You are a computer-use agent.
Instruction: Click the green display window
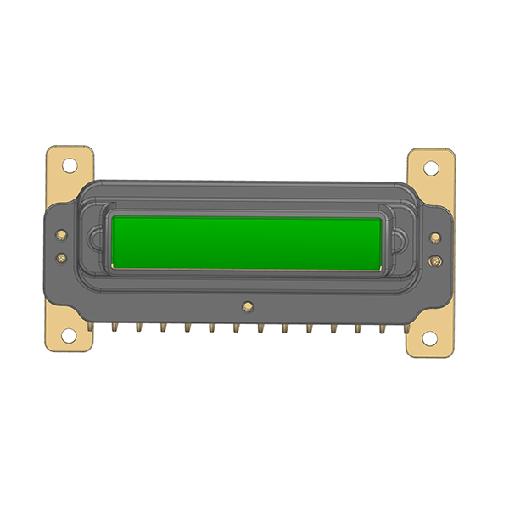click(x=246, y=242)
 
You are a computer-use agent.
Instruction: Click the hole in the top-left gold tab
click(x=70, y=166)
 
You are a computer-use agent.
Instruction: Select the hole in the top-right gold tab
click(x=431, y=166)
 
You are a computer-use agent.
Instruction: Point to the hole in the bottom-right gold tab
click(x=430, y=338)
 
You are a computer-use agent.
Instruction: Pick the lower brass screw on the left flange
click(x=62, y=256)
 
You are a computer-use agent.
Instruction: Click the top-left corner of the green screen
click(x=114, y=217)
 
